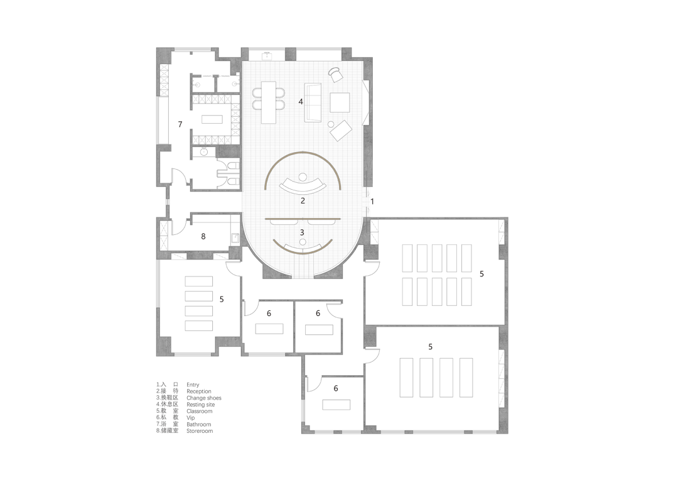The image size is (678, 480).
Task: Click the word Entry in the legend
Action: [x=193, y=385]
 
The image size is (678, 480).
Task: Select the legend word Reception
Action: [x=199, y=391]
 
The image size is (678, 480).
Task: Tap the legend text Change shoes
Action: [x=203, y=398]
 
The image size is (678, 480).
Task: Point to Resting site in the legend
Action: [x=201, y=405]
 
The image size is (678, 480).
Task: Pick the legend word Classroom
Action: [x=200, y=411]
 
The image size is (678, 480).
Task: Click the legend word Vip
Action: [x=191, y=418]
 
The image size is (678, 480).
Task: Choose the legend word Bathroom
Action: [x=199, y=424]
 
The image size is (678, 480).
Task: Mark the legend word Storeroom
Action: [x=200, y=430]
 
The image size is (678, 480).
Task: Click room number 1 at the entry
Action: [x=372, y=201]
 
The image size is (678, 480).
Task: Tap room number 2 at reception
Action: [x=303, y=201]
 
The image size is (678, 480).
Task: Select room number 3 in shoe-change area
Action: [x=302, y=232]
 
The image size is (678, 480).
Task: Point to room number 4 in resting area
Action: [x=301, y=102]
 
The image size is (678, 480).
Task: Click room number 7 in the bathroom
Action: [x=180, y=124]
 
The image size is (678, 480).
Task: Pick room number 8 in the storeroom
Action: [x=203, y=236]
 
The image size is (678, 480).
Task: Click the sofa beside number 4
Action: [x=313, y=102]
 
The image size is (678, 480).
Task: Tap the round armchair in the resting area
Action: [x=335, y=74]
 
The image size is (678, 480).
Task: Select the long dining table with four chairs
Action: [x=269, y=102]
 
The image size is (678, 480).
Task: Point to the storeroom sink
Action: [x=235, y=237]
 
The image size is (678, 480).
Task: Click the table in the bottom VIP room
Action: [x=336, y=405]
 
